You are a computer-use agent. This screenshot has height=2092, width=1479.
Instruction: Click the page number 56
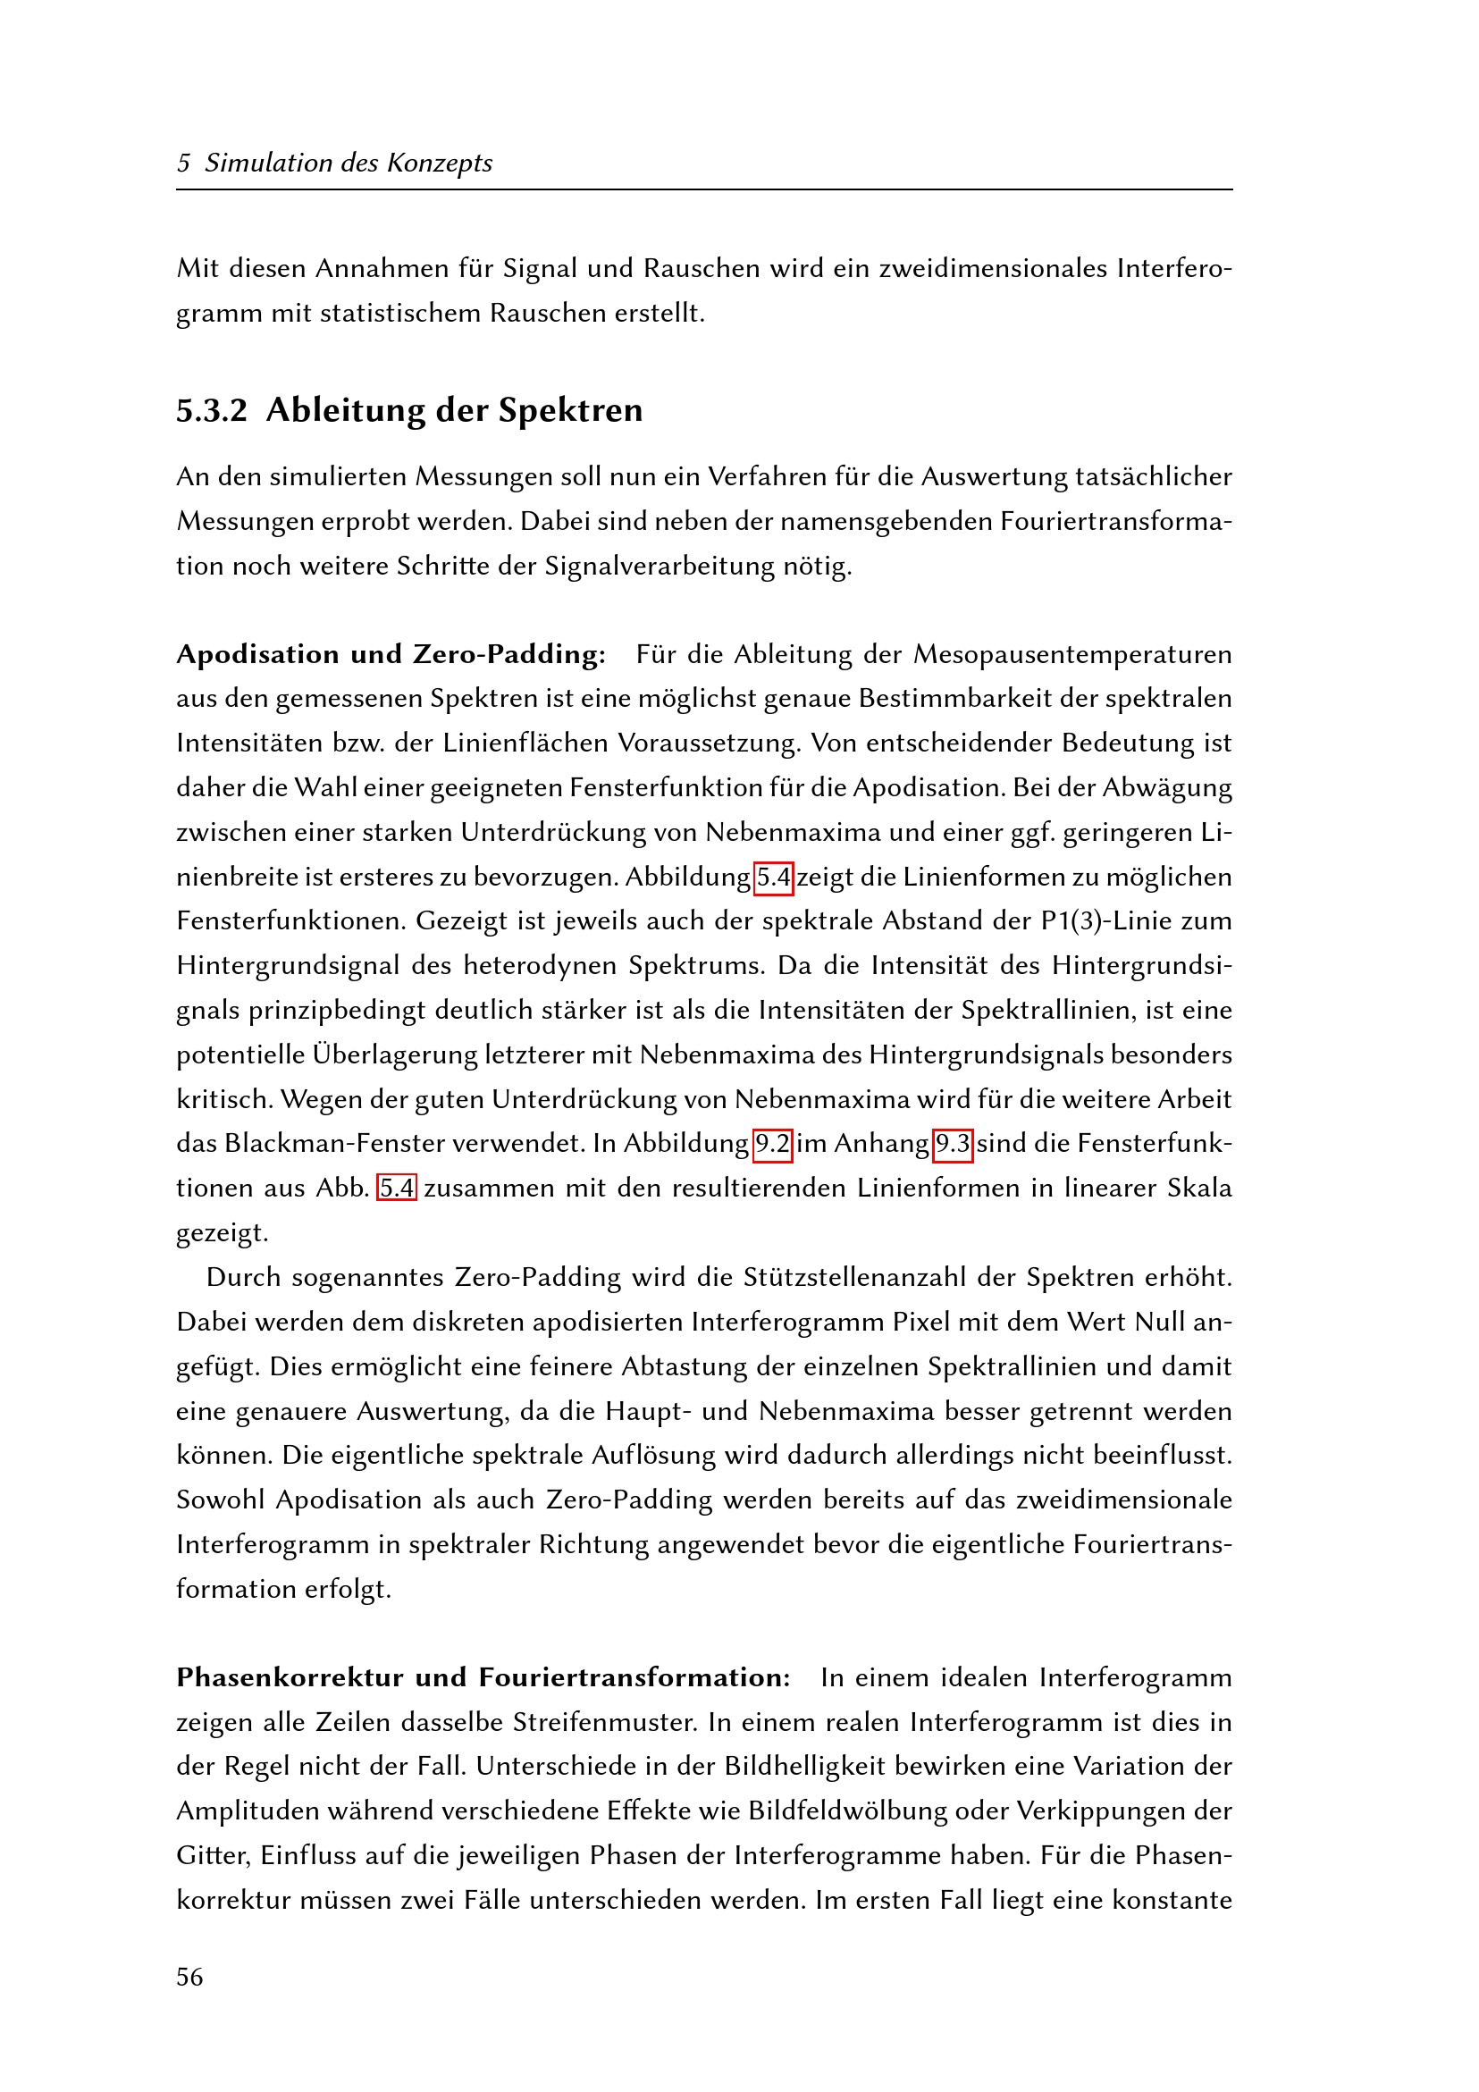(x=189, y=1977)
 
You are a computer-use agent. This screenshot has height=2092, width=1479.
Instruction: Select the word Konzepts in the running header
(x=440, y=164)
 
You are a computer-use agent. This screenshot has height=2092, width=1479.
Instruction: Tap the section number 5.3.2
(x=212, y=410)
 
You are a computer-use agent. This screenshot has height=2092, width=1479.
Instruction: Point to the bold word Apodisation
(x=257, y=654)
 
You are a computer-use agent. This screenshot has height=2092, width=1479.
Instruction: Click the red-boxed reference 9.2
(x=773, y=1144)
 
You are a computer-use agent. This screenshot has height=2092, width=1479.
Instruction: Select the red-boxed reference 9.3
(x=954, y=1144)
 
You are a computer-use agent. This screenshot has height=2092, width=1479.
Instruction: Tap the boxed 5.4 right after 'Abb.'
(x=398, y=1189)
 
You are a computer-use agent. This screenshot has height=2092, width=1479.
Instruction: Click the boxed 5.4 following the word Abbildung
(x=774, y=878)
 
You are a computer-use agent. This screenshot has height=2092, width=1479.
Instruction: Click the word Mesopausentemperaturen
(x=1072, y=654)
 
